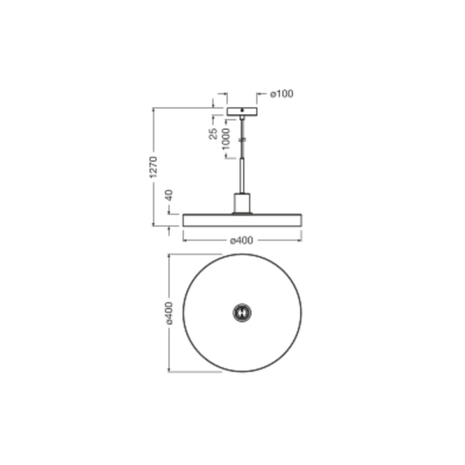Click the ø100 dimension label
pyautogui.click(x=282, y=94)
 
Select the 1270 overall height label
pyautogui.click(x=153, y=167)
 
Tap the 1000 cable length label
pyautogui.click(x=226, y=139)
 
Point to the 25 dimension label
pyautogui.click(x=213, y=133)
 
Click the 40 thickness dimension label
pyautogui.click(x=169, y=195)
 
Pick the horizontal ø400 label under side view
pyautogui.click(x=242, y=240)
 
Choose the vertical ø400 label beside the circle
pyautogui.click(x=169, y=313)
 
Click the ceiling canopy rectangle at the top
pyautogui.click(x=242, y=112)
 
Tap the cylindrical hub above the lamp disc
pyautogui.click(x=242, y=203)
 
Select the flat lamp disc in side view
pyautogui.click(x=243, y=220)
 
